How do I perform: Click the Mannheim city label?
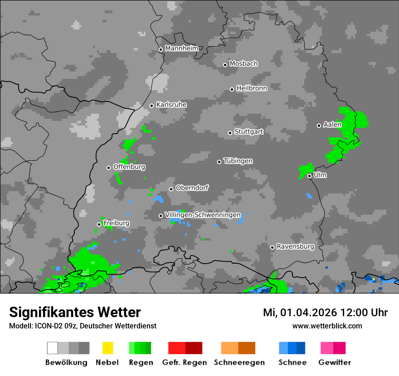(181, 48)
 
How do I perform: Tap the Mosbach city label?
(243, 64)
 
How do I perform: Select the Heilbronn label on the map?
(252, 88)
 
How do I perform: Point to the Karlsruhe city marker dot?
(152, 106)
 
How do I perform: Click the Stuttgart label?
(249, 132)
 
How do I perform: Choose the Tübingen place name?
(238, 161)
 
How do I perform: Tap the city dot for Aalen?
(319, 125)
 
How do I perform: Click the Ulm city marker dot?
(309, 176)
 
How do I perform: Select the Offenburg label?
(129, 167)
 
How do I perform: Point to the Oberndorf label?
(192, 188)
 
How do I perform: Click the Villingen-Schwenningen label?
(203, 215)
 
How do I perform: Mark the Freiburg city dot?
(99, 224)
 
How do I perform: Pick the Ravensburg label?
(295, 247)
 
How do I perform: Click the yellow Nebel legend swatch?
(107, 348)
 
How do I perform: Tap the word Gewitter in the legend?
(335, 362)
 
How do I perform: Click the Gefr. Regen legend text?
(185, 362)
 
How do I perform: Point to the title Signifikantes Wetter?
(75, 312)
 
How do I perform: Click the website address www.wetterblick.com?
(327, 326)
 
